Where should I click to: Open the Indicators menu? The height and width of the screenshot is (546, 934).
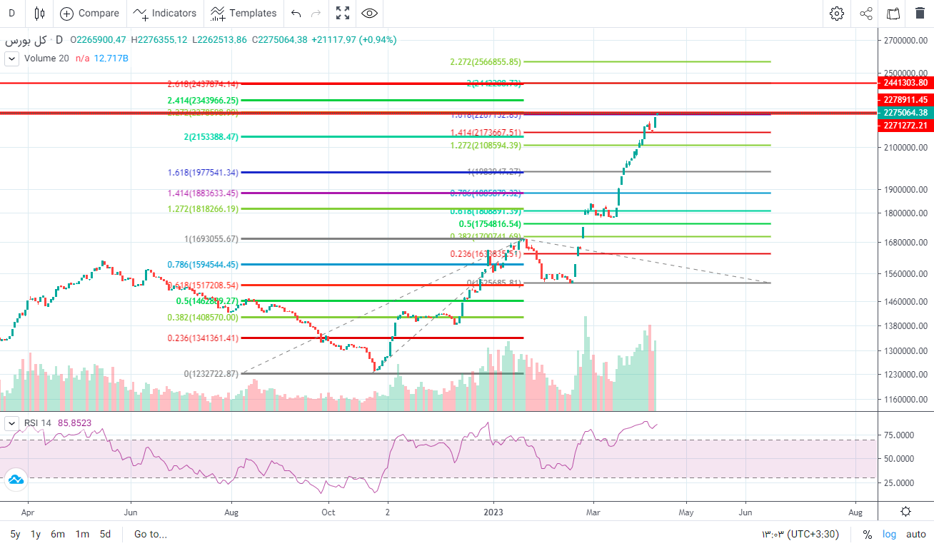click(165, 13)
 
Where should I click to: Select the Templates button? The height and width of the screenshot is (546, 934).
click(243, 13)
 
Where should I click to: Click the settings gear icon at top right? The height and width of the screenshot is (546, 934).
click(836, 13)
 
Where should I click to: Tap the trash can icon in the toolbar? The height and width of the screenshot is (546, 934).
click(920, 13)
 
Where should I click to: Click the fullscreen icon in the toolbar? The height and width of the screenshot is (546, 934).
click(343, 13)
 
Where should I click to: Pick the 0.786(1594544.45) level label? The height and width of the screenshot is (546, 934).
click(203, 265)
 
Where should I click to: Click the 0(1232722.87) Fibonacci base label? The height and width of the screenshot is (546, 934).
click(211, 373)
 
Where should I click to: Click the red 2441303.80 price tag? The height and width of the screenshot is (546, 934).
click(905, 84)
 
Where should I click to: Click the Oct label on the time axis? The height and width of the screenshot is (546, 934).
click(328, 512)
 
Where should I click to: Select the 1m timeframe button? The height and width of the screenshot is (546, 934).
click(82, 534)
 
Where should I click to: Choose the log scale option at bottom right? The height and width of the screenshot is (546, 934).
click(889, 534)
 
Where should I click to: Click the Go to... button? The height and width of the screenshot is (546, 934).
click(150, 534)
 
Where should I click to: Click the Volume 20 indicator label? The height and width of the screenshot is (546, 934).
click(46, 58)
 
